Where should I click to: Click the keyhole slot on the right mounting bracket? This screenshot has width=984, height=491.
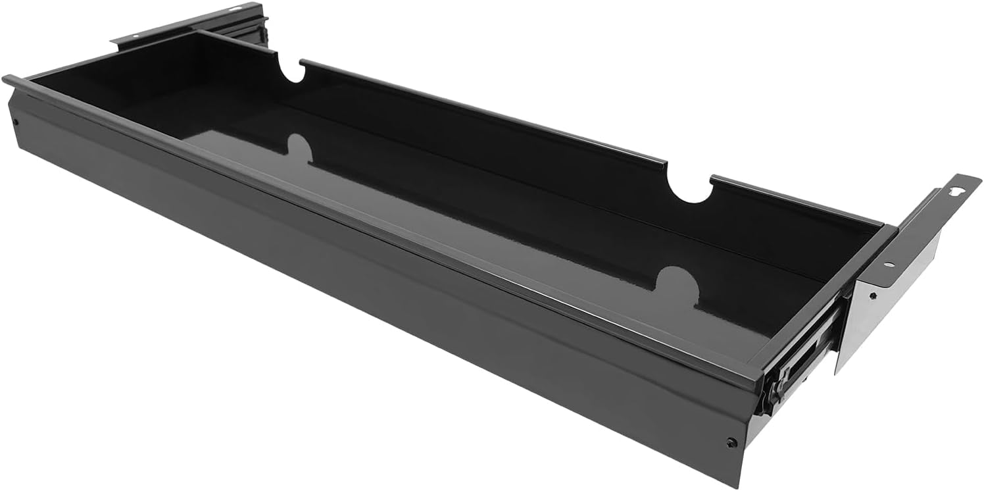click(x=957, y=191)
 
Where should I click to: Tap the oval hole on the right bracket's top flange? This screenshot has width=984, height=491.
click(x=889, y=265)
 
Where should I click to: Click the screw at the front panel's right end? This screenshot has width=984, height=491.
click(x=731, y=442)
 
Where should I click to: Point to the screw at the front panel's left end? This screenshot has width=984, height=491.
click(x=14, y=120)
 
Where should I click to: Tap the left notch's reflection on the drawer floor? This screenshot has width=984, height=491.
click(x=299, y=148)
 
